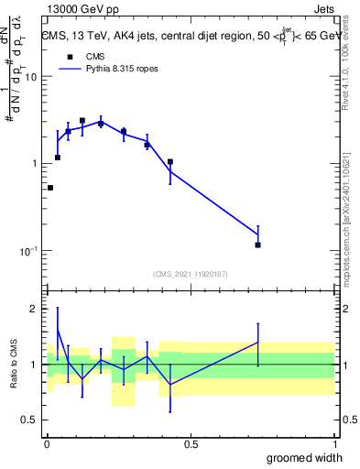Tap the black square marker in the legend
(69, 56)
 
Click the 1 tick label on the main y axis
(34, 164)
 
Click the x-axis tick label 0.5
(191, 443)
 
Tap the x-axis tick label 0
(47, 443)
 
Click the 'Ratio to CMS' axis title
(14, 364)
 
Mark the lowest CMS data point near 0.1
(258, 245)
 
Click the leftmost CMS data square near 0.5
(49, 188)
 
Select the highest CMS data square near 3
(82, 120)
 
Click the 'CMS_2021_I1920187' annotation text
(191, 273)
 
